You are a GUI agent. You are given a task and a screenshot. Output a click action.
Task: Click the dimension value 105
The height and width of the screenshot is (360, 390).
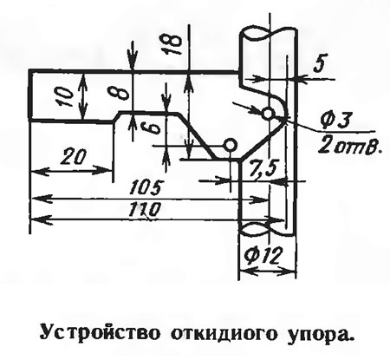coord(145,188)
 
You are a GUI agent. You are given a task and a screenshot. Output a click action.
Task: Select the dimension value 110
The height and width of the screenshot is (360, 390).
coord(144,209)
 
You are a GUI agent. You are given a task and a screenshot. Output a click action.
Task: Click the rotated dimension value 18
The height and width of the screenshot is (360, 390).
coord(172,43)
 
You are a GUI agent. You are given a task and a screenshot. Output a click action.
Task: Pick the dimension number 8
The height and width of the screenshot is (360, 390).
coord(117,93)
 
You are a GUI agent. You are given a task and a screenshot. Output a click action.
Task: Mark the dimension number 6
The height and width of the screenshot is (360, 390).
coord(153,128)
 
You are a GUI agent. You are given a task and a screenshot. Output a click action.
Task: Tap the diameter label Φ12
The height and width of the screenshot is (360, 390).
coord(262,255)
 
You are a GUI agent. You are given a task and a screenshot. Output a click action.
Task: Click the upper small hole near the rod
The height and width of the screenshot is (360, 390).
coord(268,113)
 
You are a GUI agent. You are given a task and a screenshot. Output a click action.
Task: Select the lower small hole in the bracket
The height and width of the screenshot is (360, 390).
coord(231,145)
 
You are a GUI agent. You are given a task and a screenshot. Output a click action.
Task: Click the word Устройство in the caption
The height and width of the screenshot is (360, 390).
coord(100,333)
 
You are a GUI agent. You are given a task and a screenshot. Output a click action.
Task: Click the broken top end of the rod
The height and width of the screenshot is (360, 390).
coord(269,32)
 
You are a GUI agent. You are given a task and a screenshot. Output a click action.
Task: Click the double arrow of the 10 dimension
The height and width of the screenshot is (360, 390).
coord(83,96)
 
